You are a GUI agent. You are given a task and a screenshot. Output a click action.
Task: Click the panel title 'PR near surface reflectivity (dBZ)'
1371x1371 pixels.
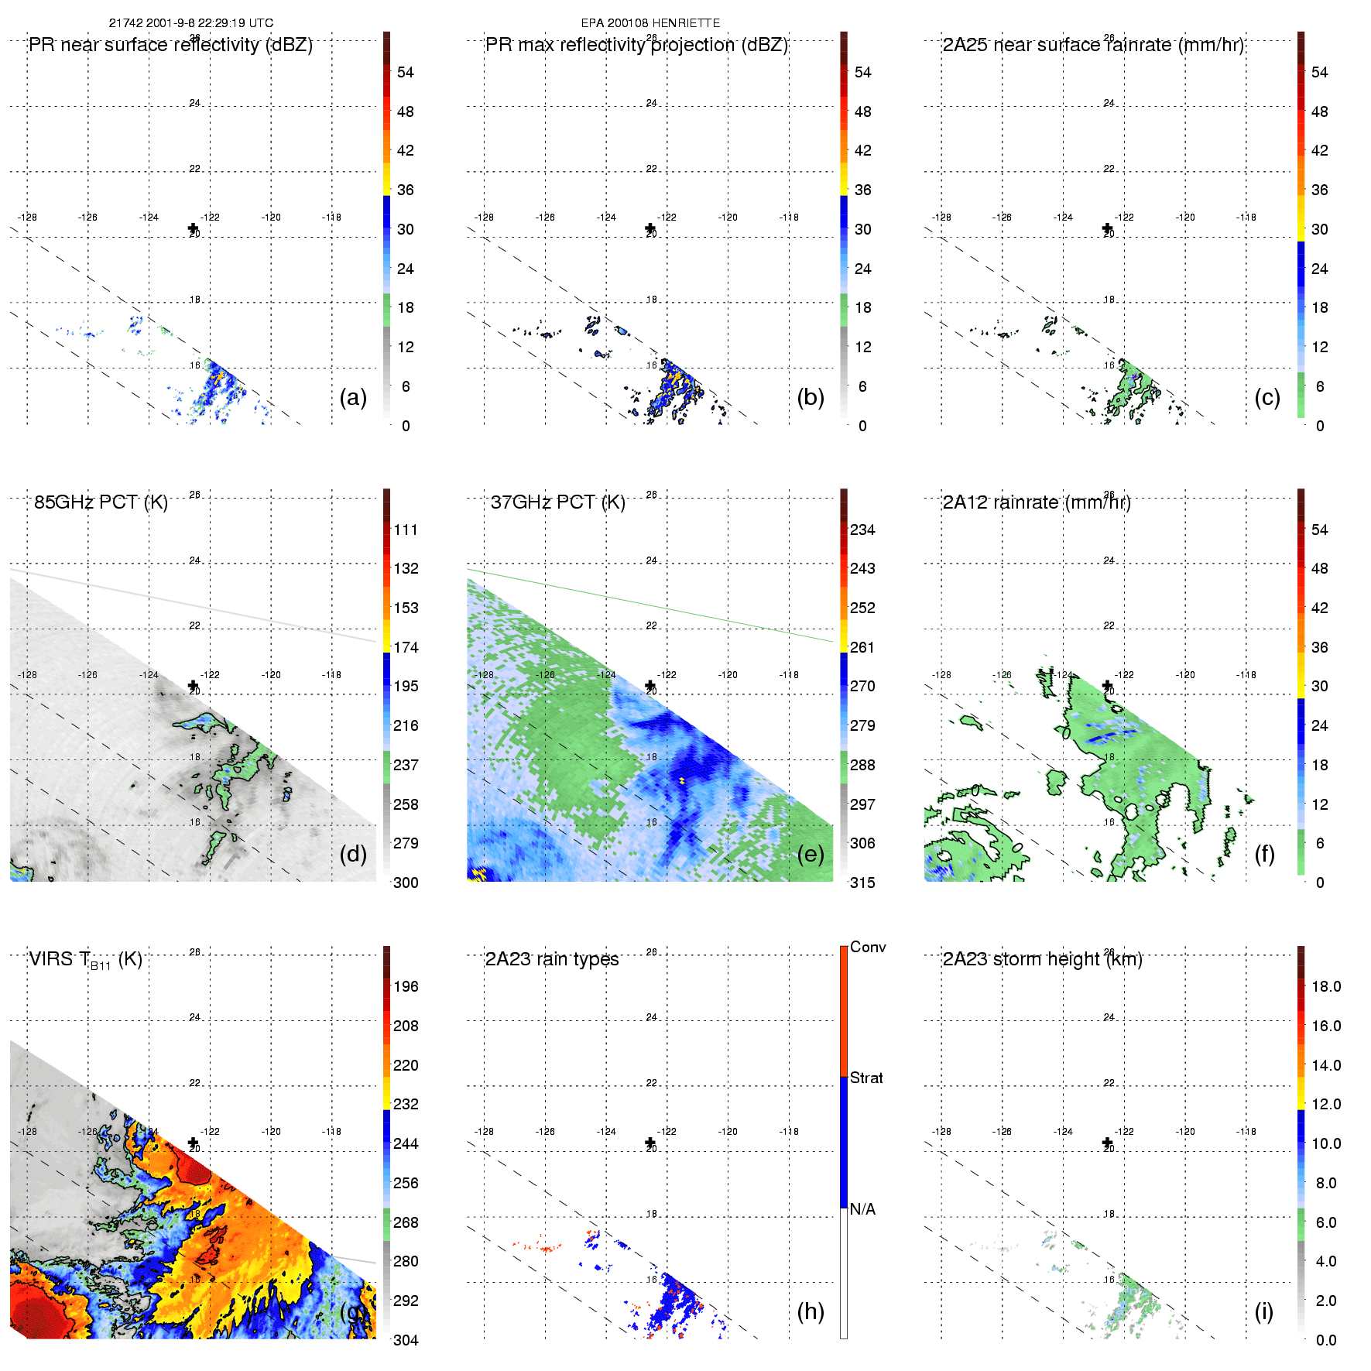coord(170,45)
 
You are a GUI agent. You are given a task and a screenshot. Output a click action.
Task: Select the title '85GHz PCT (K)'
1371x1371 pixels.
coord(101,502)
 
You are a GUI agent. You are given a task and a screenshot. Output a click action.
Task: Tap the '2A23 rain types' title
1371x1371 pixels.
coord(552,959)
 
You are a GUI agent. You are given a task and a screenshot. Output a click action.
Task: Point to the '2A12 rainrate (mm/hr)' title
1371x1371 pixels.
coord(1037,502)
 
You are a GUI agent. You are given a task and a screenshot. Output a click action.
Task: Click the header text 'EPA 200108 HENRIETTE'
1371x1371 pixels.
coord(650,23)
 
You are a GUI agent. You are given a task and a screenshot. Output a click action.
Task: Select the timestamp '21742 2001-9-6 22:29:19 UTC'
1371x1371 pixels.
coord(191,23)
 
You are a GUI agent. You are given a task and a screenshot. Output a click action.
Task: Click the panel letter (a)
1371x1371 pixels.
coord(353,397)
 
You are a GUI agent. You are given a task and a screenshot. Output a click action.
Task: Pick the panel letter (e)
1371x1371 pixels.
coord(811,854)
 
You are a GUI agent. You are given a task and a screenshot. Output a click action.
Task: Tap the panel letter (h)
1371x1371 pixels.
coord(811,1311)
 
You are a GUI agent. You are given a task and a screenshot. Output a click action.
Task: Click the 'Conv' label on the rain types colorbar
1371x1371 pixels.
coord(868,947)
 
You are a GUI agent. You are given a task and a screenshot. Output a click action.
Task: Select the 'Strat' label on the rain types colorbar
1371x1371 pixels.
coord(866,1078)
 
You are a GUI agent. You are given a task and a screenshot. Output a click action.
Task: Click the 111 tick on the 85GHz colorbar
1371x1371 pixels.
coord(406,530)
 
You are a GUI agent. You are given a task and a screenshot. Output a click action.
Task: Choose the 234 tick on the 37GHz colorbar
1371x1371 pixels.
coord(862,530)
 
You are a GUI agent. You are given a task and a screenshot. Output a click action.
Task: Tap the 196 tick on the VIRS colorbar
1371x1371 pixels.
coord(406,986)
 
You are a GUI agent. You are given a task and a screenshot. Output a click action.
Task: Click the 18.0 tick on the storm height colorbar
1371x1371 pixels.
coord(1326,986)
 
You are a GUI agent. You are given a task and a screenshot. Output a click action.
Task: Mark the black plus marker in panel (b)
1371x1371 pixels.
coord(650,228)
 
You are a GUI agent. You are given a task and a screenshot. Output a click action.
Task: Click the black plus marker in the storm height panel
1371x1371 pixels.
coord(1107,1143)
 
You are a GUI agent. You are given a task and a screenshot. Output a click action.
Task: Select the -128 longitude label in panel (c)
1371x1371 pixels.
coord(941,218)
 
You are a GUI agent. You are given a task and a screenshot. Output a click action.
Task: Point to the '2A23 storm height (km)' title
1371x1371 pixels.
coord(1042,959)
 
